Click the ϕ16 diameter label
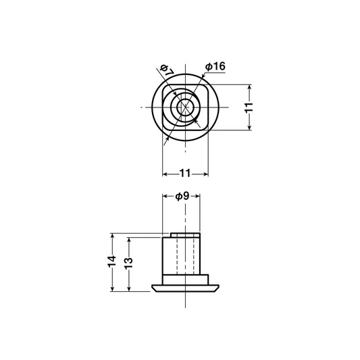pos(215,66)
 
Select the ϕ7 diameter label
pos(167,70)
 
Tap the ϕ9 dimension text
pos(182,196)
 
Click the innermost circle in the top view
pos(184,108)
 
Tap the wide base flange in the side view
pos(184,287)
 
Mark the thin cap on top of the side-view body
pos(184,234)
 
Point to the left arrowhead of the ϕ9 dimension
pos(165,197)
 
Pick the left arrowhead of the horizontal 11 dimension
pos(165,174)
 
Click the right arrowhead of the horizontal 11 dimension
pos(204,174)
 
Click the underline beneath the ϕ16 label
pos(215,73)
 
